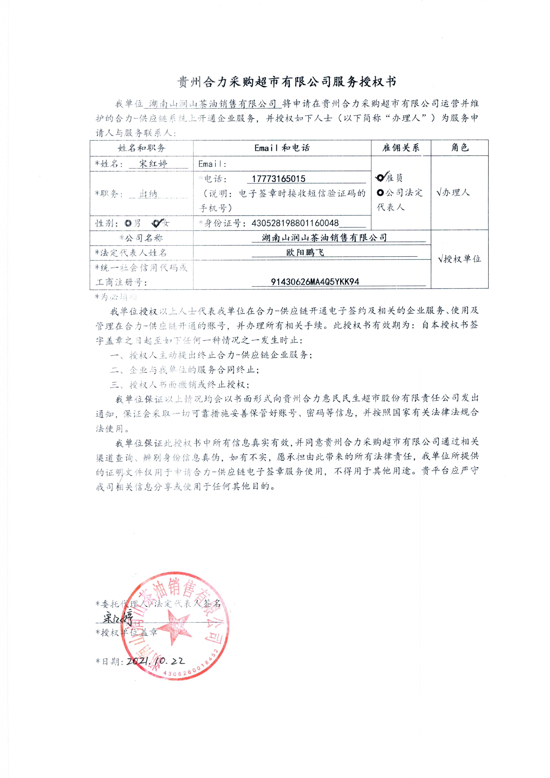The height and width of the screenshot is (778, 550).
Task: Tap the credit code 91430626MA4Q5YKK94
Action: tap(315, 282)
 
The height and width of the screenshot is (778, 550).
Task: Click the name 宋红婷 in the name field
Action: tap(153, 164)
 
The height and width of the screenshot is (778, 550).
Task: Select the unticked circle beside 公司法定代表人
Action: tap(380, 193)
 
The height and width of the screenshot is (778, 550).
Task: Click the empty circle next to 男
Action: tap(128, 223)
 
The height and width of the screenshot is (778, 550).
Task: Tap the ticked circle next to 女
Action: tap(157, 223)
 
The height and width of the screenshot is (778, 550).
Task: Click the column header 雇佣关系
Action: tap(401, 148)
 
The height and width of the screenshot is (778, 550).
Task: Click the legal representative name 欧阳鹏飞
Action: tap(305, 252)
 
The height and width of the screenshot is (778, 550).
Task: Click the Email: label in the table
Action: tap(212, 164)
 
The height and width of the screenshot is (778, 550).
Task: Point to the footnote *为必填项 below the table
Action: tap(116, 297)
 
